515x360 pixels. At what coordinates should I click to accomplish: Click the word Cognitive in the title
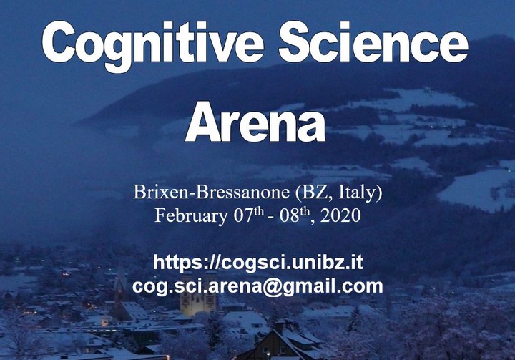(153, 45)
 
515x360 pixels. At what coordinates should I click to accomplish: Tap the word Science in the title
(373, 42)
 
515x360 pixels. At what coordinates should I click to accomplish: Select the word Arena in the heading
(255, 122)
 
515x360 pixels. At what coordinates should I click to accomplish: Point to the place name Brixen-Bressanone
(211, 192)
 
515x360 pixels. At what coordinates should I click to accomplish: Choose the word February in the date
(191, 216)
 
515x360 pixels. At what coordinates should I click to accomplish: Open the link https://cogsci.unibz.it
(258, 263)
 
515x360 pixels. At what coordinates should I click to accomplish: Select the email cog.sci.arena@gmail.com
(257, 287)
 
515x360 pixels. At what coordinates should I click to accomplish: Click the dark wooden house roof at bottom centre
(279, 342)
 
